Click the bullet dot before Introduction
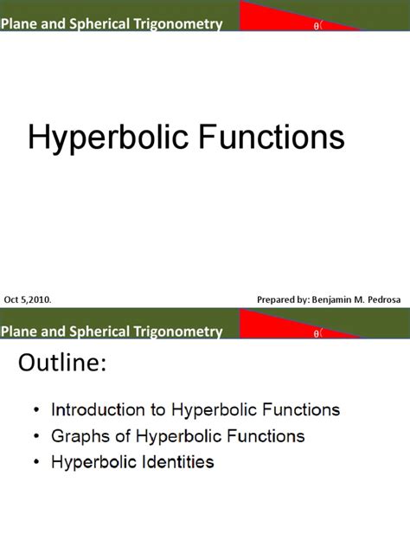coord(35,409)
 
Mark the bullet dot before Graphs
coord(35,436)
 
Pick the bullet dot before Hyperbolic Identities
coord(35,462)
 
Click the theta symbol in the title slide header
coord(316,26)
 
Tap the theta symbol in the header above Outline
coord(316,332)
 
